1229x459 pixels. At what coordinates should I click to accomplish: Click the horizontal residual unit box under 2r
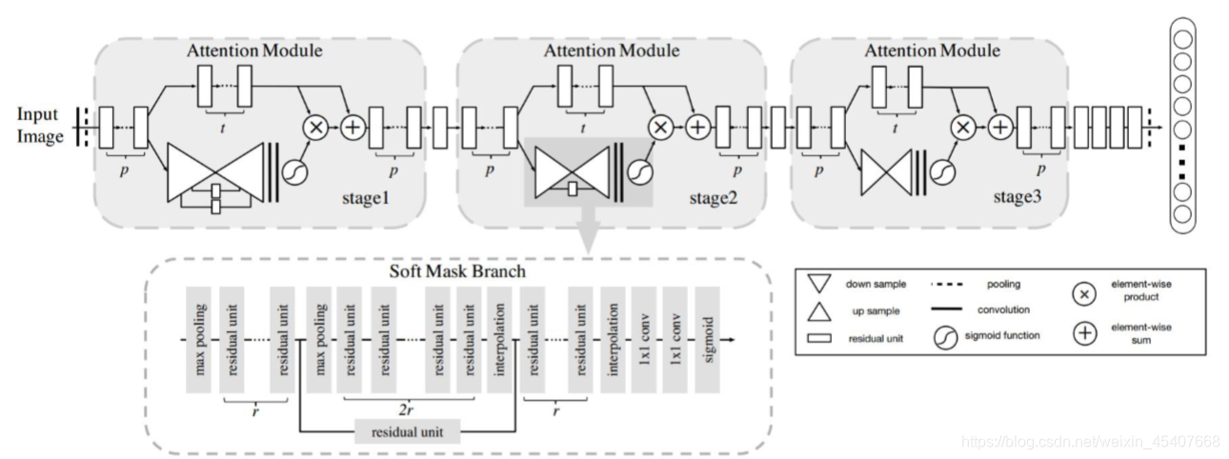pyautogui.click(x=407, y=432)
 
